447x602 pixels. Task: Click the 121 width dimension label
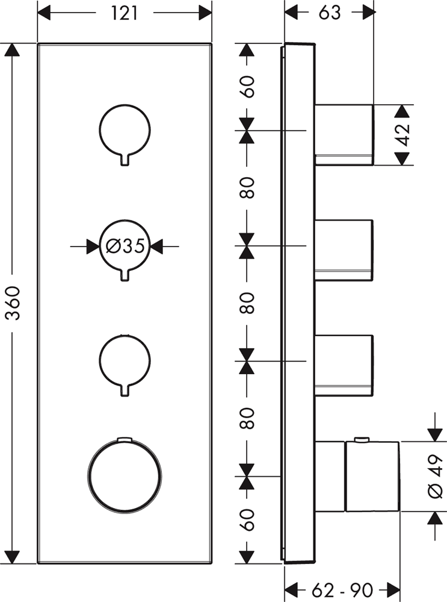pos(124,13)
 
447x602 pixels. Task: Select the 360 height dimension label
pos(14,303)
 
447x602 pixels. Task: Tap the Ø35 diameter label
pos(125,246)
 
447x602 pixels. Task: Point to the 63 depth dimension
pos(329,13)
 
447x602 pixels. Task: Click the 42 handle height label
pos(402,135)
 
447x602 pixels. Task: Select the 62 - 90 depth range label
pos(342,590)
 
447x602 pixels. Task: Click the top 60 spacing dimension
pos(247,87)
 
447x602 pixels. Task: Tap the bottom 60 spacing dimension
pos(247,520)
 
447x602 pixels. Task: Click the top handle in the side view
pos(344,135)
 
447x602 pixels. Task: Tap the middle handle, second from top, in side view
pos(344,250)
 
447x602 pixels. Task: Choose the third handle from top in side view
pos(344,365)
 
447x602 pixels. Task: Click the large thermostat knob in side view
pos(357,476)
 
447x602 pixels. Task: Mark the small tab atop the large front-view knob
pos(125,439)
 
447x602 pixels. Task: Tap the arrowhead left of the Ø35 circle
pos(93,246)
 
